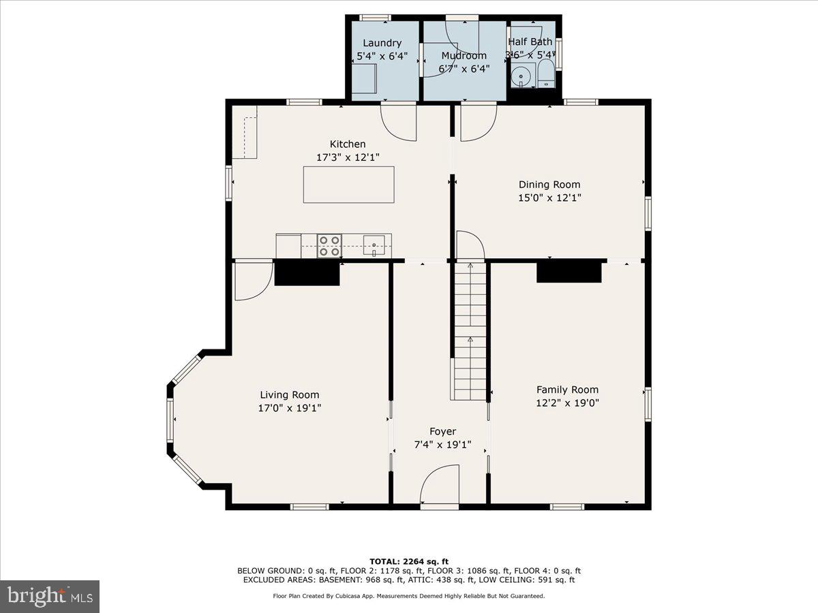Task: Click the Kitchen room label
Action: pyautogui.click(x=348, y=144)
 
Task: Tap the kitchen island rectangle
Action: pyautogui.click(x=348, y=185)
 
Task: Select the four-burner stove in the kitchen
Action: pyautogui.click(x=329, y=245)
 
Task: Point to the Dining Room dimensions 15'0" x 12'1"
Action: pyautogui.click(x=549, y=198)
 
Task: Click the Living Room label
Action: pyautogui.click(x=289, y=395)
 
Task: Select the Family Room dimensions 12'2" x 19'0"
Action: pyautogui.click(x=567, y=403)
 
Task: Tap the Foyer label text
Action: pyautogui.click(x=442, y=431)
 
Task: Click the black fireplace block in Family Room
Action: pyautogui.click(x=569, y=271)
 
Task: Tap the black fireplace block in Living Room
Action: pyautogui.click(x=307, y=273)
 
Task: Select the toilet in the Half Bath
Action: pyautogui.click(x=546, y=74)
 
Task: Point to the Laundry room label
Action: pyautogui.click(x=382, y=43)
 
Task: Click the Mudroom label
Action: pyautogui.click(x=464, y=55)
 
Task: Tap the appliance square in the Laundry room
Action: pyautogui.click(x=364, y=78)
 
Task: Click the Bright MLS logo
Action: pyautogui.click(x=50, y=596)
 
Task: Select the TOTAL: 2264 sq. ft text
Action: pyautogui.click(x=409, y=561)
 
